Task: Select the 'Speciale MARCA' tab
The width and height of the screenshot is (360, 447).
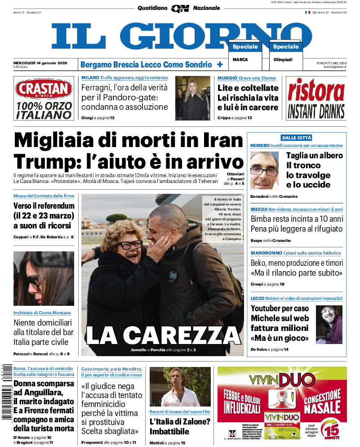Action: pos(245,47)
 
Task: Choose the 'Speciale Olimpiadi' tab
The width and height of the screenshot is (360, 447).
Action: pos(286,47)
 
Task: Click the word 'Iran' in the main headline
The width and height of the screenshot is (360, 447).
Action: pos(221,140)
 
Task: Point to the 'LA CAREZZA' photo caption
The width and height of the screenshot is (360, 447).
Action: pos(163,335)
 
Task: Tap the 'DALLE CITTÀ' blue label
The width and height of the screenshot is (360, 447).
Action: pos(297,138)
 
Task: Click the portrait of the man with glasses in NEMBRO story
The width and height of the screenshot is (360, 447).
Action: pos(264,170)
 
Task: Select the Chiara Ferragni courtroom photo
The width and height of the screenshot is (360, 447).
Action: pos(192,98)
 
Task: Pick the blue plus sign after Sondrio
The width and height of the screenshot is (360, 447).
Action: pos(220,64)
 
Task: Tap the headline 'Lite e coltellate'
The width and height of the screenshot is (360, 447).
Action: pos(248,88)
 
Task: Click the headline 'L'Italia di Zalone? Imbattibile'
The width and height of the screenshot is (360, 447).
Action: pos(180,427)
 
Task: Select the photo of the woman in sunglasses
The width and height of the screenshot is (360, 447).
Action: pos(44,278)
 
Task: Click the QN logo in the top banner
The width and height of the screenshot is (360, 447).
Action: pos(180,8)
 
